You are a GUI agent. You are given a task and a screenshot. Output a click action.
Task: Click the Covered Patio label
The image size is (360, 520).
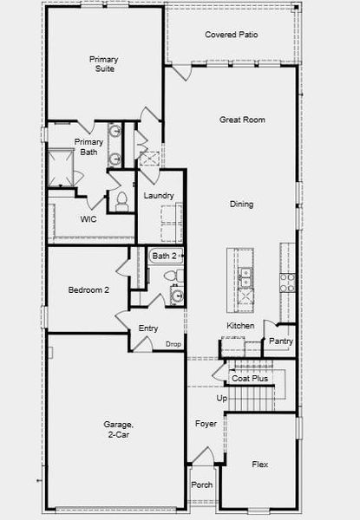pyautogui.click(x=231, y=35)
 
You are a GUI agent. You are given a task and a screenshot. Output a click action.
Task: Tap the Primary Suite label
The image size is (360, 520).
pyautogui.click(x=105, y=64)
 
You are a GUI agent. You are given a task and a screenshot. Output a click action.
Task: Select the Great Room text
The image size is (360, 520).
pyautogui.click(x=242, y=120)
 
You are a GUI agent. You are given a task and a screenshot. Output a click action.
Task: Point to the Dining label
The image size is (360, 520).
pyautogui.click(x=241, y=205)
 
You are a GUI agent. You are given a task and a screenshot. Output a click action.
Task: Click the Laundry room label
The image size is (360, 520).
pyautogui.click(x=159, y=196)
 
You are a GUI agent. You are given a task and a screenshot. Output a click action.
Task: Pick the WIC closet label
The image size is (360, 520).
pyautogui.click(x=88, y=219)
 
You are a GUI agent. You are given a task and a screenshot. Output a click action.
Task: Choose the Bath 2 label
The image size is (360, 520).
pyautogui.click(x=164, y=256)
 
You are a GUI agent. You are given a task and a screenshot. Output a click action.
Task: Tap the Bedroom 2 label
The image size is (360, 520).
pyautogui.click(x=88, y=290)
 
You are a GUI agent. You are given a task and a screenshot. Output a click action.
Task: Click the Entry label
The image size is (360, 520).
pyautogui.click(x=148, y=328)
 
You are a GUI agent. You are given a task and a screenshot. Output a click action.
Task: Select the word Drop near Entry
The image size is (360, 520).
pyautogui.click(x=173, y=344)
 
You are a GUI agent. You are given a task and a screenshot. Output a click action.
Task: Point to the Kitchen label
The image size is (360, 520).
pyautogui.click(x=240, y=326)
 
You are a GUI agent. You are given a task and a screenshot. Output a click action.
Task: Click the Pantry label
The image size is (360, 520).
pyautogui.click(x=281, y=341)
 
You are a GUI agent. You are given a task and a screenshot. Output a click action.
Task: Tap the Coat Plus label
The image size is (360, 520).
pyautogui.click(x=250, y=379)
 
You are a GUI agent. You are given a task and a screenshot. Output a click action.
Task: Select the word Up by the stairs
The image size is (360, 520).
pyautogui.click(x=221, y=398)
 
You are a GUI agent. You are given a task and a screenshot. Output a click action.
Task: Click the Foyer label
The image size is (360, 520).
pyautogui.click(x=206, y=425)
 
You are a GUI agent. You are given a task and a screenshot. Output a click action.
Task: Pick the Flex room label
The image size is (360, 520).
pyautogui.click(x=259, y=465)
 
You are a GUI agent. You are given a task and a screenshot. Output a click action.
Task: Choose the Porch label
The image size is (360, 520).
pyautogui.click(x=202, y=484)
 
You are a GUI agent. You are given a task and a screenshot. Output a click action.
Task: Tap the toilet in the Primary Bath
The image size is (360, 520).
pyautogui.click(x=121, y=200)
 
